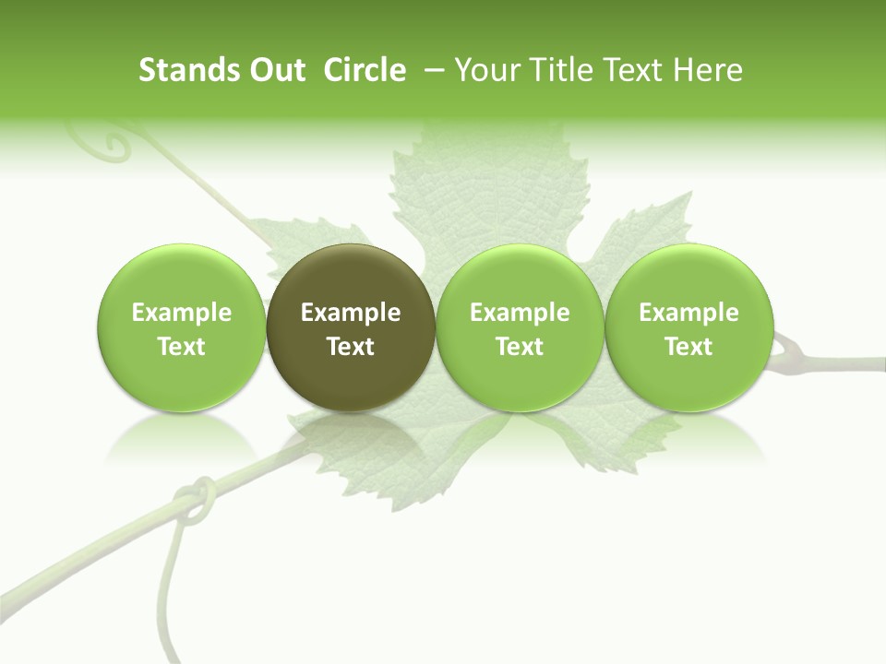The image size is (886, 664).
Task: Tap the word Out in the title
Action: pyautogui.click(x=274, y=70)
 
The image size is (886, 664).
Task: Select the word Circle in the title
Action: pyautogui.click(x=365, y=70)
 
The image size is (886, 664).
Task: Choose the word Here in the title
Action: pyautogui.click(x=707, y=70)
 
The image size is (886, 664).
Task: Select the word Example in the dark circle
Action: pyautogui.click(x=351, y=313)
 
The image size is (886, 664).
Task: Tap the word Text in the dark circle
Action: pyautogui.click(x=351, y=347)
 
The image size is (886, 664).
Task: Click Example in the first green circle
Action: pyautogui.click(x=182, y=313)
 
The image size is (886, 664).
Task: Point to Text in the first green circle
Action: pyautogui.click(x=182, y=347)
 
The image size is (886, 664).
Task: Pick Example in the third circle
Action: pyautogui.click(x=520, y=313)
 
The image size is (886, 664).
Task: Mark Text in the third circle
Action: pyautogui.click(x=520, y=347)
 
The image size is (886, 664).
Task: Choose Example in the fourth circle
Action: pyautogui.click(x=688, y=313)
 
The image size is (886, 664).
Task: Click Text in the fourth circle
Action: pyautogui.click(x=688, y=347)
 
